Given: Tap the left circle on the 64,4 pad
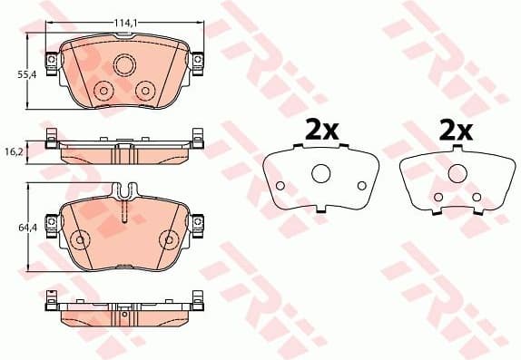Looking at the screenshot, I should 81,239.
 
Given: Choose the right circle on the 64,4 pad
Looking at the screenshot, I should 168,239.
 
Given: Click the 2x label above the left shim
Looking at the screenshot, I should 320,130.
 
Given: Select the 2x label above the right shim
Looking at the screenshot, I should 457,130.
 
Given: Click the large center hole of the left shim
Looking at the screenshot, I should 320,174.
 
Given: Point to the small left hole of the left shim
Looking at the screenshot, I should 280,186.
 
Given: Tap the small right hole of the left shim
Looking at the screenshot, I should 361,186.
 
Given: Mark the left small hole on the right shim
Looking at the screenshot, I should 438,197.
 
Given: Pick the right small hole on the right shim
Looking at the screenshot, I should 473,197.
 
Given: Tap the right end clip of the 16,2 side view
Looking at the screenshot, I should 196,140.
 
